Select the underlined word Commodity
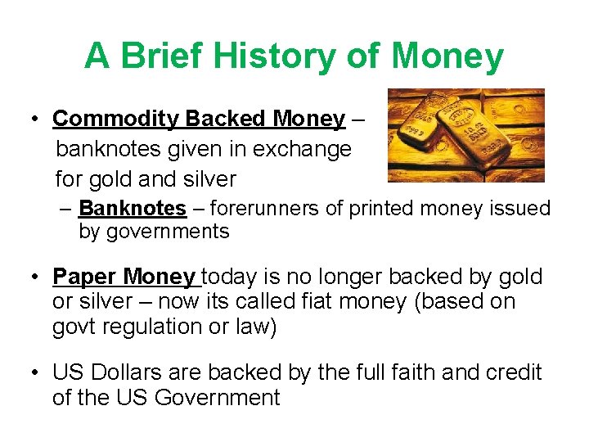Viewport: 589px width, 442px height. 115,119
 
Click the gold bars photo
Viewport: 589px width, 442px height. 465,135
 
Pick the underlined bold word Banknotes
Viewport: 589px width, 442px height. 133,209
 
